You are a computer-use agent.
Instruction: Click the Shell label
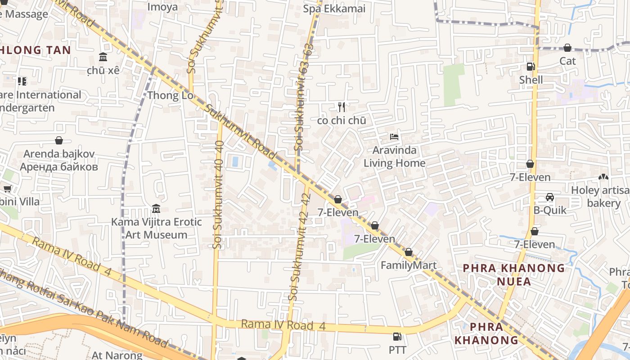click(x=531, y=80)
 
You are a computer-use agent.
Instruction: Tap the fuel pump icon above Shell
click(x=531, y=67)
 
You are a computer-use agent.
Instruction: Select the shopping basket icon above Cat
click(x=567, y=48)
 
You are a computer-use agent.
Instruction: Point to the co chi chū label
click(x=342, y=121)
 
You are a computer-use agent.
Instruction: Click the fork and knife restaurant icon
click(x=342, y=107)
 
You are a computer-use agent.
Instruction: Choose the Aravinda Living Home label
click(x=394, y=156)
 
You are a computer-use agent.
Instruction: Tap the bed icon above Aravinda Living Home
click(x=394, y=136)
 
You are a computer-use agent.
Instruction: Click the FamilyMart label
click(x=409, y=265)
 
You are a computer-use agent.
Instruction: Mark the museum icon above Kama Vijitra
click(x=156, y=209)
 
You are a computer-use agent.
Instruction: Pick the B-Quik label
click(x=550, y=210)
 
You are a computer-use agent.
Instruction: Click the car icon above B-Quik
click(x=550, y=197)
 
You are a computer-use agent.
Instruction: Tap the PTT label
click(x=397, y=350)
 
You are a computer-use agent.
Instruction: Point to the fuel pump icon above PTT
click(x=397, y=336)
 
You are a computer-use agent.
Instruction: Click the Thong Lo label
click(x=170, y=95)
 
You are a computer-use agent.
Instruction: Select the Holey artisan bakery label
click(x=600, y=197)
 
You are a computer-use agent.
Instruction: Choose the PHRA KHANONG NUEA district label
click(x=514, y=274)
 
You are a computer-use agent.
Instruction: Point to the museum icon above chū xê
click(x=103, y=57)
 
